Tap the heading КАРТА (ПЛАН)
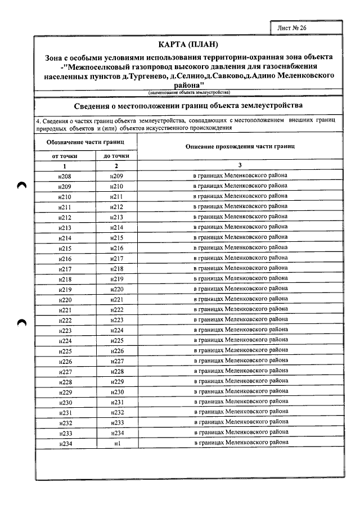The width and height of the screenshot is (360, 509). coord(188,44)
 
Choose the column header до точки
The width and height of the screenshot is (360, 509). coord(116,155)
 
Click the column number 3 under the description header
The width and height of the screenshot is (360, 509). coord(240,165)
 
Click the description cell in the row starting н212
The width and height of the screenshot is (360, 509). coord(240,217)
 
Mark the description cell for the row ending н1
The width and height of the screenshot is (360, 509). coord(240,443)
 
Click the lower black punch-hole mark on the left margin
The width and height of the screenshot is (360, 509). coord(22,322)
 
